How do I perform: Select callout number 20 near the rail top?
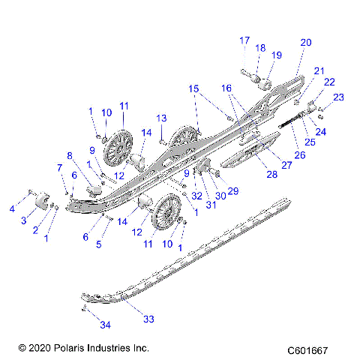pyautogui.click(x=305, y=43)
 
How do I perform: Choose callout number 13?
pyautogui.click(x=160, y=118)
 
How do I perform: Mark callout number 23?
pyautogui.click(x=338, y=97)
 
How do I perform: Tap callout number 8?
pyautogui.click(x=70, y=156)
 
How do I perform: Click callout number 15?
pyautogui.click(x=194, y=89)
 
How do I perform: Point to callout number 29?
pyautogui.click(x=232, y=191)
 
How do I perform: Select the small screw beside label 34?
pyautogui.click(x=85, y=308)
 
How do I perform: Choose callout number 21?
pyautogui.click(x=319, y=70)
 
